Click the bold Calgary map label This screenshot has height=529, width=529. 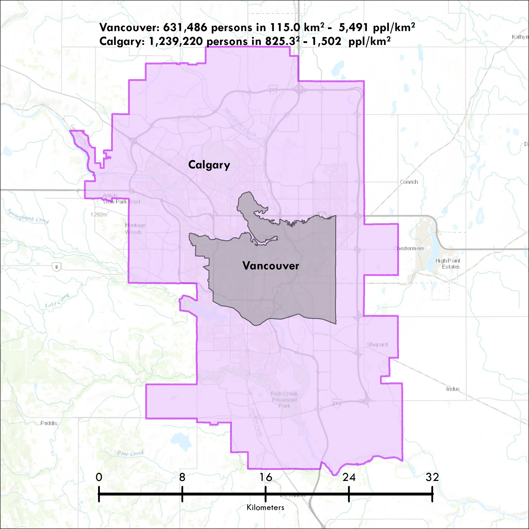(209, 165)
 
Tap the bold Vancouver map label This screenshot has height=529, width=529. (270, 266)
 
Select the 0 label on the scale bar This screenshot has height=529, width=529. (99, 477)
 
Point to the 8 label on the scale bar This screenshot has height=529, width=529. (182, 477)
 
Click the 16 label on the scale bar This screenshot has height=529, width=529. (266, 477)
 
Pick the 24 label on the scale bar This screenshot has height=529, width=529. (349, 477)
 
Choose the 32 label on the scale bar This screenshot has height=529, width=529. (432, 477)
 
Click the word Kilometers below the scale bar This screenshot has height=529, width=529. (265, 507)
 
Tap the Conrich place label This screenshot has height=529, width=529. (409, 182)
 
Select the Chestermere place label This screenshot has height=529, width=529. (409, 248)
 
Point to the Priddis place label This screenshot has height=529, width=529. (49, 423)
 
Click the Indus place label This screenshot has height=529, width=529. (453, 389)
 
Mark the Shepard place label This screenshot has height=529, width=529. (377, 345)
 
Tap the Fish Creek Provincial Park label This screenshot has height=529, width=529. (284, 399)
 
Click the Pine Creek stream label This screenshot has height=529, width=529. (130, 453)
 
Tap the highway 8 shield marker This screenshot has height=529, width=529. (57, 267)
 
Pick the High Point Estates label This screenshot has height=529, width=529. (448, 264)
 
